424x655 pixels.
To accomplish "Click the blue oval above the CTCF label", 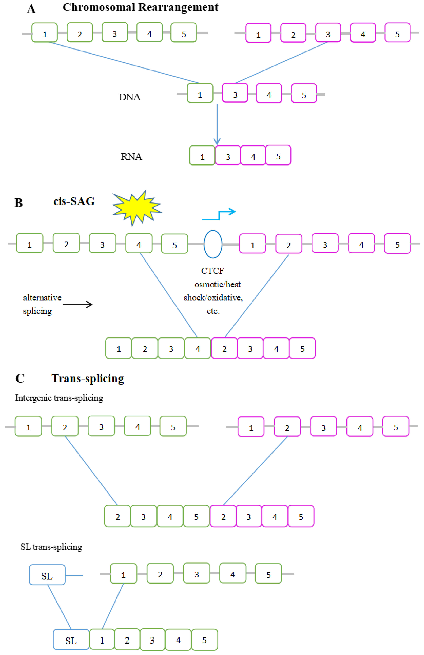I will tap(213, 244).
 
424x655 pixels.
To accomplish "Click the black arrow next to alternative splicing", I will tap(78, 304).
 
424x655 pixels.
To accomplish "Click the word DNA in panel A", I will tap(130, 97).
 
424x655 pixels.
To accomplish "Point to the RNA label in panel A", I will tap(131, 157).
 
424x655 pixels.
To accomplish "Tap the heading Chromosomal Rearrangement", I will tap(140, 7).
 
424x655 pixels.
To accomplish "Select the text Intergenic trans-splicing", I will tap(59, 398).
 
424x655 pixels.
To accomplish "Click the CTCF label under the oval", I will tap(212, 271).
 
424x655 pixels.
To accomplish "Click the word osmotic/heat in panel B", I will tap(217, 284).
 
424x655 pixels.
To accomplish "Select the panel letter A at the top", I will tap(31, 9).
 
